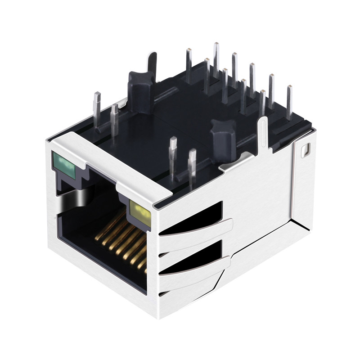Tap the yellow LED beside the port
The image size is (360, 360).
click(138, 209)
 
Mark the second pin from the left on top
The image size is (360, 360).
click(114, 119)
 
